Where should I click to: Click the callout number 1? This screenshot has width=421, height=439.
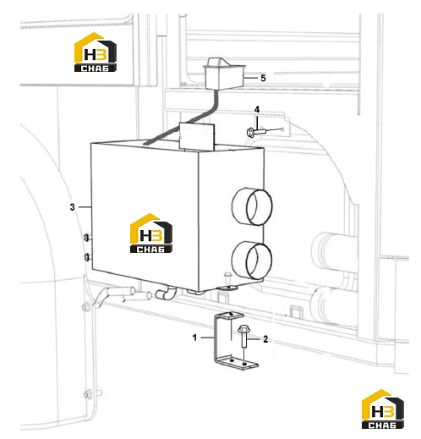coord(194,337)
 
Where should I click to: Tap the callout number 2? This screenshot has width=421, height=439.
coord(265,339)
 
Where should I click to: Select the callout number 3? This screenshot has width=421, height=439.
coord(73,207)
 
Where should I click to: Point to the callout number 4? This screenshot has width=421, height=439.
coord(257,109)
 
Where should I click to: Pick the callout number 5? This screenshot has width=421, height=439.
coord(263,78)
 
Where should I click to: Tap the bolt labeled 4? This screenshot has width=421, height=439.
coord(255,132)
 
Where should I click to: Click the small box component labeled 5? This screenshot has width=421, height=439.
coord(223,74)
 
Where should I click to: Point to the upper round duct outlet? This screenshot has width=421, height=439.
coord(252,206)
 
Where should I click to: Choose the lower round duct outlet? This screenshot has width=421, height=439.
coord(252,261)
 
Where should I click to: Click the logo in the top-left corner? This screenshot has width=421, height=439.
coord(96,52)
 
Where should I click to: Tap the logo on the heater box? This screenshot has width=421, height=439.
coord(151,233)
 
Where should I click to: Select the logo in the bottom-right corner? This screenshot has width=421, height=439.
coord(383,409)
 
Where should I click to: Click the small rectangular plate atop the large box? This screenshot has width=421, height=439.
coord(197,136)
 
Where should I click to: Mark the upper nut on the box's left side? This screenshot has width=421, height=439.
coord(87,238)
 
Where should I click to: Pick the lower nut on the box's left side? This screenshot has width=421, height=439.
coord(87,257)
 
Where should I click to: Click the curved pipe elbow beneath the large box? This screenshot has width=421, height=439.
coord(167,294)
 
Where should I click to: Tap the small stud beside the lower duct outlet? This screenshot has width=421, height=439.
coord(227,277)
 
